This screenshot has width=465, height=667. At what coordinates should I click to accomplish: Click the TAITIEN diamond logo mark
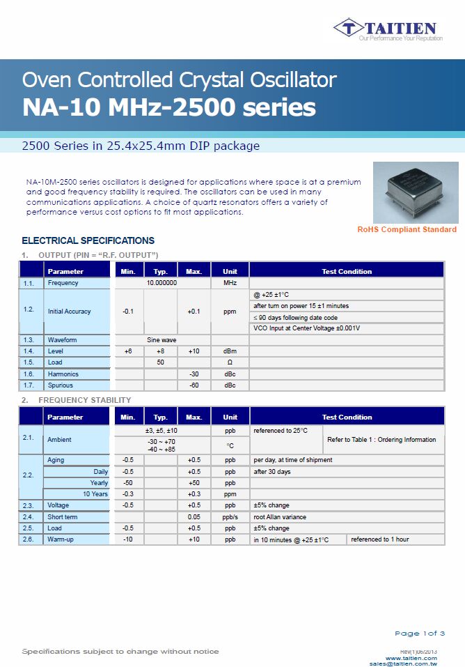pos(348,29)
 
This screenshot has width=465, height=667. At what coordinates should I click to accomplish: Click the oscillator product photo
pos(416,193)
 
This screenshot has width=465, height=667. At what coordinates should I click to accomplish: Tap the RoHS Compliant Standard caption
pos(407,229)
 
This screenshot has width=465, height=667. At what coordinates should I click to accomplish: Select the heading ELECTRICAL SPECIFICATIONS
pos(88,240)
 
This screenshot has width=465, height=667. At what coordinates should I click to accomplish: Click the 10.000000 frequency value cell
pos(161,283)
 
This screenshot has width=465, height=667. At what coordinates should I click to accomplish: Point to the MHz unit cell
pos(230,283)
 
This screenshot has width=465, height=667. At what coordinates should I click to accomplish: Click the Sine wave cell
pos(161,339)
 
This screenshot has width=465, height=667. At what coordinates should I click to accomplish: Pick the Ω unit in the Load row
pos(230,362)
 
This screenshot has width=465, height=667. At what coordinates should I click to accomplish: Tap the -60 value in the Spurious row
pos(194,385)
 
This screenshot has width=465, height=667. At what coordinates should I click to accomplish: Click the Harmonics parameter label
pos(63,374)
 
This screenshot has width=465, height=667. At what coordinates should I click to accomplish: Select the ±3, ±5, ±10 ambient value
pos(161,431)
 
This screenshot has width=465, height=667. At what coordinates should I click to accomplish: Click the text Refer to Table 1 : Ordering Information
pos(381,440)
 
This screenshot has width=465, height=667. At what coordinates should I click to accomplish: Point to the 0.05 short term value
pos(194,517)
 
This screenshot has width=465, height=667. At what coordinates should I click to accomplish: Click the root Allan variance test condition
pos(280,517)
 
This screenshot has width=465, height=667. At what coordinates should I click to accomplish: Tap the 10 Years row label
pos(95,493)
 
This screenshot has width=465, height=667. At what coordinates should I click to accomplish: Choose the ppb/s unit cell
pos(230,517)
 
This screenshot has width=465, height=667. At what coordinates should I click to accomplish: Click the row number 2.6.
pos(28,539)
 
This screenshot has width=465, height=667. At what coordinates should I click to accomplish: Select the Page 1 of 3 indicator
pos(419,633)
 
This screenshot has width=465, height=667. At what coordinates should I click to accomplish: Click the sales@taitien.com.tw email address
pos(403,664)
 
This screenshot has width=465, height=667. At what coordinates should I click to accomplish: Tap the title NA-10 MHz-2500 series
pos(169,108)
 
